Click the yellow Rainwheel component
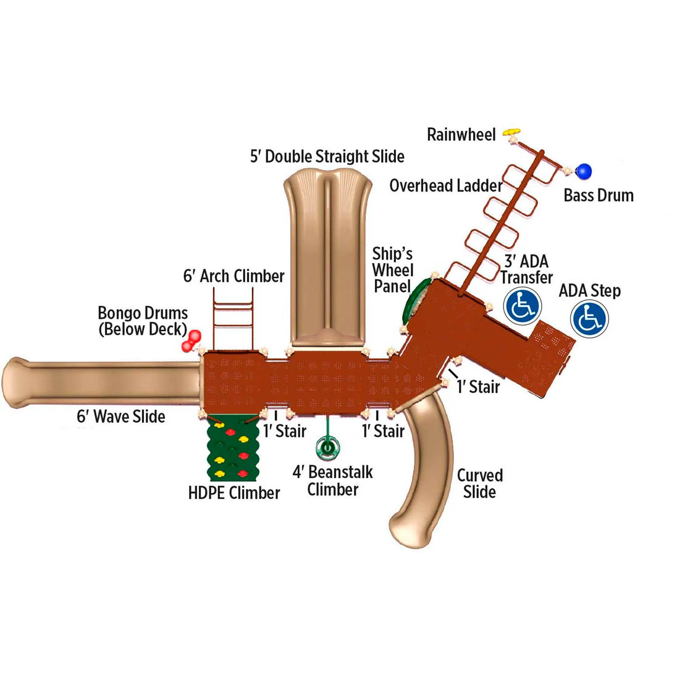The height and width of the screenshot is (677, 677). coord(511,132)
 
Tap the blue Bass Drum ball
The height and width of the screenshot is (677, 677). coord(584,170)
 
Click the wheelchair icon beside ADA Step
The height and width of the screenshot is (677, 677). coord(590,319)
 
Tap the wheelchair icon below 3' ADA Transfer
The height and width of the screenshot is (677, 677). coord(523,306)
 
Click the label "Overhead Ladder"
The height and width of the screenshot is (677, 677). coord(445,185)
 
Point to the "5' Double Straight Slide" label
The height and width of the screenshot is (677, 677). coord(327,156)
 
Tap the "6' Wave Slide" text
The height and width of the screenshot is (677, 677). coord(121,416)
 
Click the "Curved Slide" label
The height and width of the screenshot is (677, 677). coord(480,484)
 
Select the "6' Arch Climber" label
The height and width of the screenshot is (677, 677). coord(233,276)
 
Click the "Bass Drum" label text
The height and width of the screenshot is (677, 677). coord(599,196)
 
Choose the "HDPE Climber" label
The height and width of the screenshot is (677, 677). coord(234,493)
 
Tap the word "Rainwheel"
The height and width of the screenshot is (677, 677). coord(461,135)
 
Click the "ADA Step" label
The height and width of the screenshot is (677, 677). coord(590,291)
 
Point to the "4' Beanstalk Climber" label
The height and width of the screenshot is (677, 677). coord(333,481)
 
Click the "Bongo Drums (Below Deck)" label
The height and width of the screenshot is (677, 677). coord(143,321)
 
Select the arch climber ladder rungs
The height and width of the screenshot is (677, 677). coord(233,319)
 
